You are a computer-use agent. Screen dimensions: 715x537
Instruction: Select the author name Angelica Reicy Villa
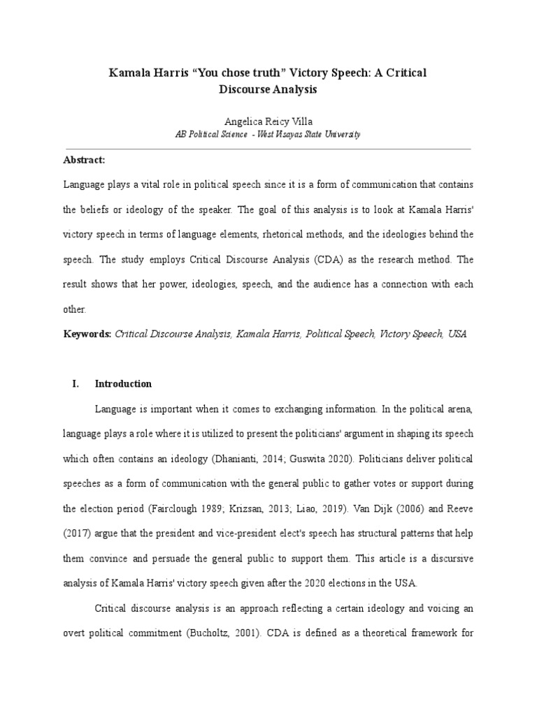tap(268, 121)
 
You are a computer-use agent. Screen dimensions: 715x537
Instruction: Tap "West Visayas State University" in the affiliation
tap(308, 135)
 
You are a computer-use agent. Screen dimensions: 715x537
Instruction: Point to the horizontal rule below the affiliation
tap(268, 149)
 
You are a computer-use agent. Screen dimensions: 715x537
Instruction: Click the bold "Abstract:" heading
tap(84, 160)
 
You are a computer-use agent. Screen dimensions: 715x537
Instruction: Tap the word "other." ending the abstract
tap(75, 309)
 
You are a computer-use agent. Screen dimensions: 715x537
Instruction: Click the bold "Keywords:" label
tap(87, 334)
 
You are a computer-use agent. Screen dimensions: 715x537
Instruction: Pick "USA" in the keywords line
tap(457, 334)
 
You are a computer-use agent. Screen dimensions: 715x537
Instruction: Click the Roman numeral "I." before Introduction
tap(77, 383)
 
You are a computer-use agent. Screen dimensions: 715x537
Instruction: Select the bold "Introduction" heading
tap(123, 383)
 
